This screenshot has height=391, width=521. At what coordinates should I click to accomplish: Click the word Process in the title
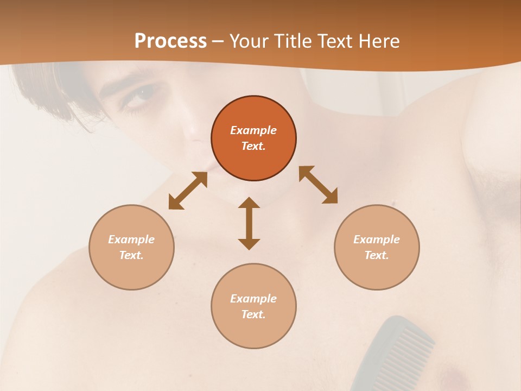[x=170, y=41]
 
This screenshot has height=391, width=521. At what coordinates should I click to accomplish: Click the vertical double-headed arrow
[x=249, y=223]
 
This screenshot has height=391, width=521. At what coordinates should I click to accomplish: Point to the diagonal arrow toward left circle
[x=188, y=191]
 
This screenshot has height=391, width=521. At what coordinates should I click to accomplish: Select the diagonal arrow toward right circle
[x=318, y=185]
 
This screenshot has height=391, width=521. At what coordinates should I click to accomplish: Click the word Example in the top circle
[x=253, y=130]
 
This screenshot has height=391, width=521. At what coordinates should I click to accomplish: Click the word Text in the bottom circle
[x=253, y=314]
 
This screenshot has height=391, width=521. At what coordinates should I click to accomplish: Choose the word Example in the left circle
[x=131, y=239]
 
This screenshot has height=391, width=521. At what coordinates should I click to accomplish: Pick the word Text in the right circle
[x=377, y=255]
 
